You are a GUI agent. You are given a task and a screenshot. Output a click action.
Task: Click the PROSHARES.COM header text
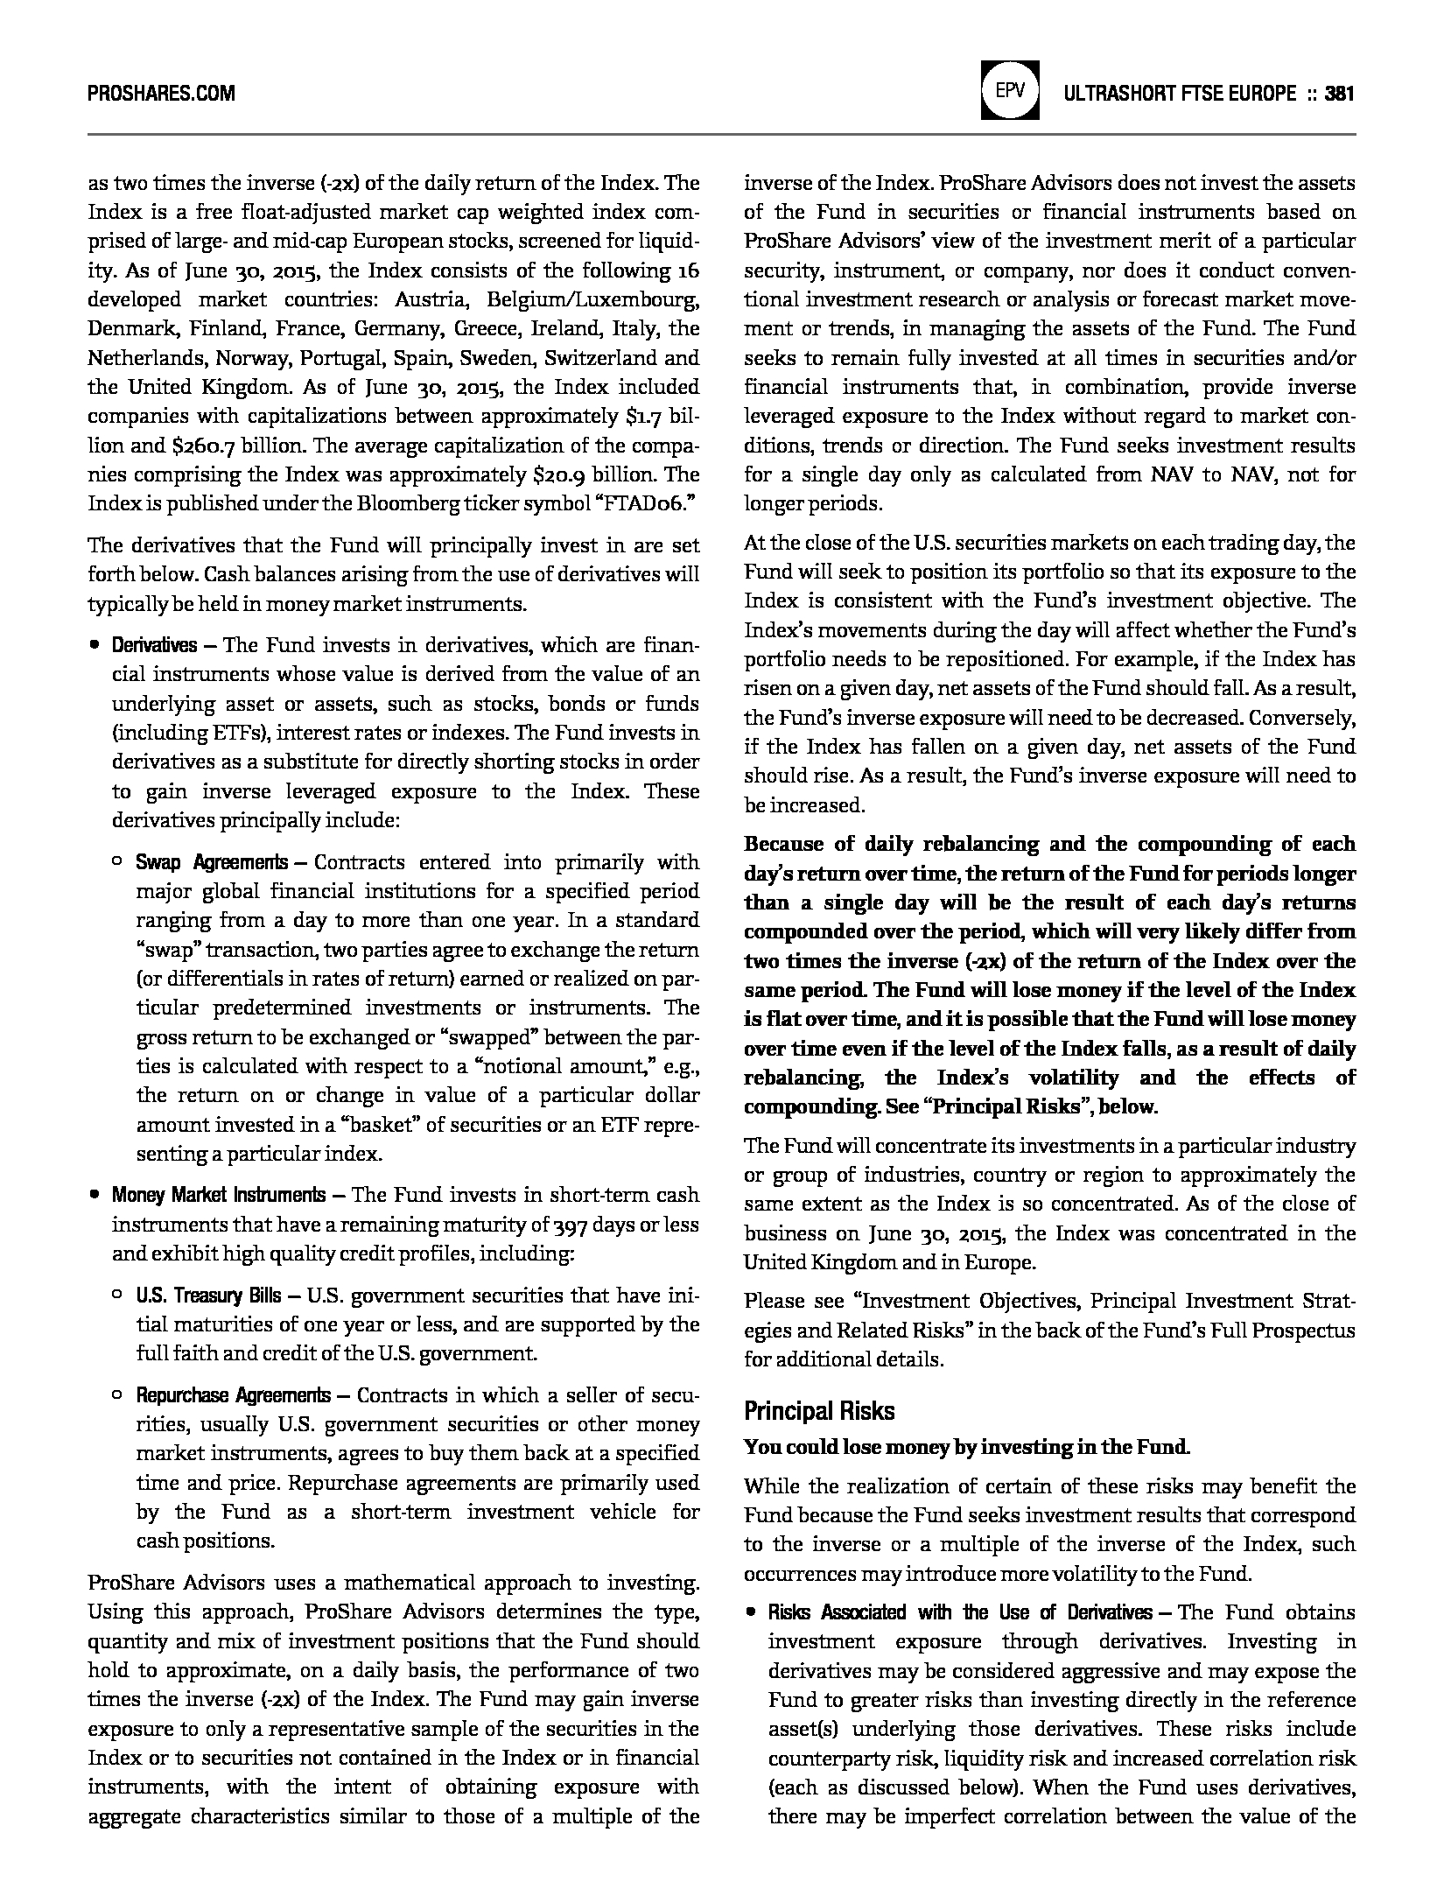161,93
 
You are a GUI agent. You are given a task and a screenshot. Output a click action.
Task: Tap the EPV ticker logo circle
1011,90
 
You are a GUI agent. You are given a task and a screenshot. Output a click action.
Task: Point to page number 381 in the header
1340,93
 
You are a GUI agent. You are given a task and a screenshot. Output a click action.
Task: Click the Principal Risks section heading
819,1410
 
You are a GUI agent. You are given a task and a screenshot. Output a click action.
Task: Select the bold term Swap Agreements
211,862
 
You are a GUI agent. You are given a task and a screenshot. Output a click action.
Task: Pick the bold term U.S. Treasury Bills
208,1296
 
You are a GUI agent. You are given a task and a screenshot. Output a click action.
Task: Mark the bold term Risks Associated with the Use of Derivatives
960,1612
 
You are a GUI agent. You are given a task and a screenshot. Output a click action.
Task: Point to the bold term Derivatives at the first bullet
154,646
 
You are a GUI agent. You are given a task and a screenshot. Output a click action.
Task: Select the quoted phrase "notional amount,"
580,1066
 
